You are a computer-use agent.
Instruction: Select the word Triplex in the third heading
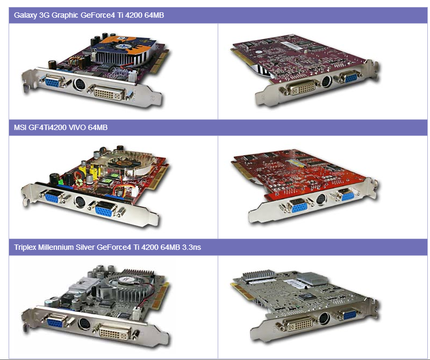coord(25,248)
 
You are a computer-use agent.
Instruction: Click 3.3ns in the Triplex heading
coord(191,247)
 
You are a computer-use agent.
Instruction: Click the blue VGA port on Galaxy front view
coord(52,82)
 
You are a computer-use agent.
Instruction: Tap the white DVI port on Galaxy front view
coord(109,92)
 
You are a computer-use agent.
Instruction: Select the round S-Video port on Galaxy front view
coord(80,84)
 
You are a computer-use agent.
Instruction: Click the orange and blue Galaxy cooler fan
coord(126,45)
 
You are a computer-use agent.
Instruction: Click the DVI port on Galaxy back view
coord(301,88)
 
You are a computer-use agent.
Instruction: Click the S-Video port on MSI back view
coord(321,199)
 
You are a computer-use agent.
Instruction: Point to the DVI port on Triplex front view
coord(114,333)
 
